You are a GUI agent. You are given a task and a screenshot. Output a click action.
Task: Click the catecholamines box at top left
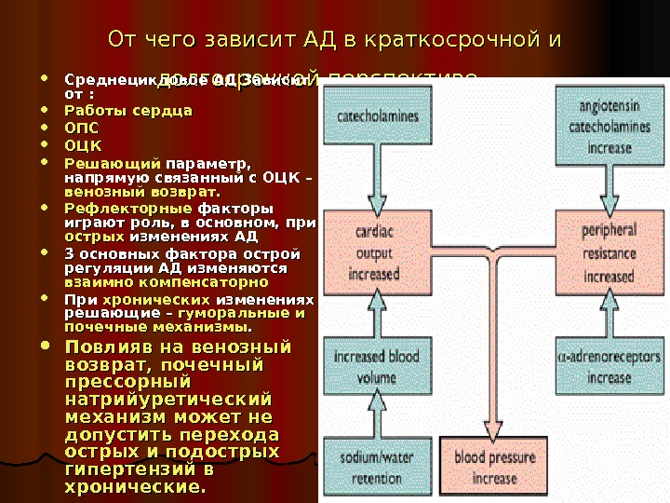point(377,118)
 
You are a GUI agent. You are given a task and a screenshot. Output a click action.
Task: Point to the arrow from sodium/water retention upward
point(377,419)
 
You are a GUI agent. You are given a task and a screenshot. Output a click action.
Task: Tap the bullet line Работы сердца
point(127,111)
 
